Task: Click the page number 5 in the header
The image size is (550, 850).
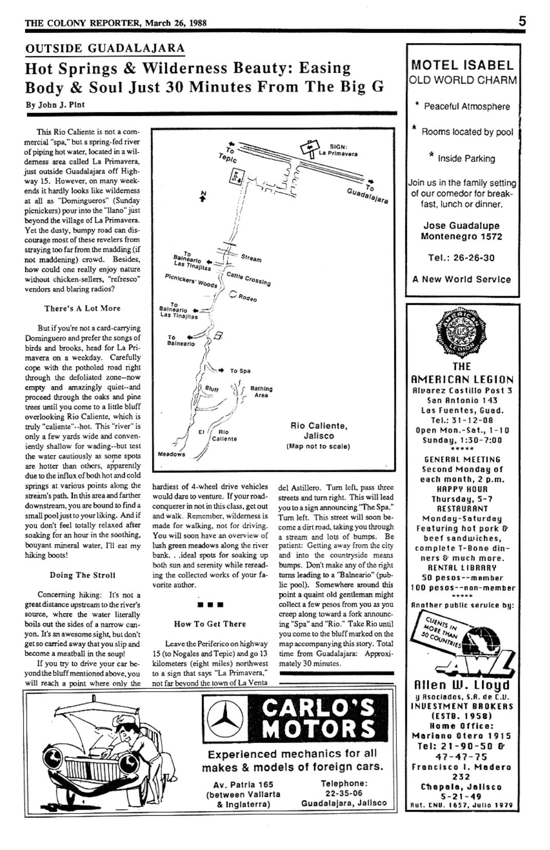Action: pyautogui.click(x=522, y=22)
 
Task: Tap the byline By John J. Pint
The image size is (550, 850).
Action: pyautogui.click(x=55, y=105)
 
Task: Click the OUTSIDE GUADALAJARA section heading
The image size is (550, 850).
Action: pyautogui.click(x=105, y=49)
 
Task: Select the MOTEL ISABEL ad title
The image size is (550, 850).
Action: pyautogui.click(x=462, y=65)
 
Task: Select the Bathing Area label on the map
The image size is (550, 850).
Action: pyautogui.click(x=261, y=392)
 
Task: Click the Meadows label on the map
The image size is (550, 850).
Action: pyautogui.click(x=171, y=454)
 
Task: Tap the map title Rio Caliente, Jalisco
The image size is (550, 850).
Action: pyautogui.click(x=318, y=430)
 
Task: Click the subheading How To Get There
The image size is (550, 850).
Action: pyautogui.click(x=210, y=624)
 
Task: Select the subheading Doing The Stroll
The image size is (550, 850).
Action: pyautogui.click(x=83, y=575)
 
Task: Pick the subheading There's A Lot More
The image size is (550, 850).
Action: pyautogui.click(x=83, y=308)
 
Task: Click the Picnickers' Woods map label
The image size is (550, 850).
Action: pyautogui.click(x=191, y=280)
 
